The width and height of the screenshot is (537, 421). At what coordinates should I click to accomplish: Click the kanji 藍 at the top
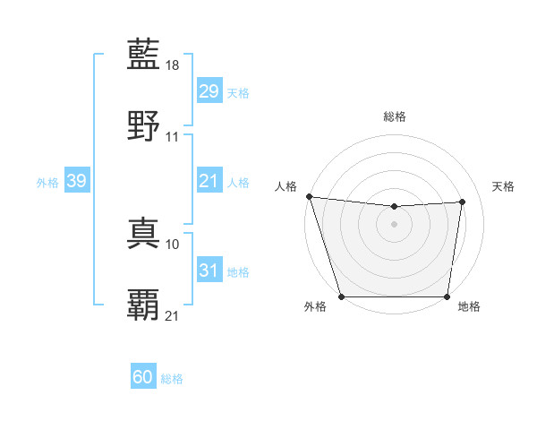(x=144, y=56)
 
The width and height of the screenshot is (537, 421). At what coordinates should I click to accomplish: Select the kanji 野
(x=144, y=125)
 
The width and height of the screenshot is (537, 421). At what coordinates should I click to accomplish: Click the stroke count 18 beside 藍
(x=174, y=65)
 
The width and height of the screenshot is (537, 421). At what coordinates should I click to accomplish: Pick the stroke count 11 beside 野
(x=173, y=136)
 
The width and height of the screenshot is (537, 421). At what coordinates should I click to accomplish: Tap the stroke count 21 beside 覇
(x=173, y=315)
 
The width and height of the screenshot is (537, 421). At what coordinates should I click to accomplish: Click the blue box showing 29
(x=209, y=91)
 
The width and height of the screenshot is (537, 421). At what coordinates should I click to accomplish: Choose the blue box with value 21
(x=209, y=182)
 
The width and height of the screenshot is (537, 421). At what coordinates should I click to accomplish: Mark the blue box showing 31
(x=209, y=271)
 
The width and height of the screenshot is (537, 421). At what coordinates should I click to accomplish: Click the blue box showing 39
(x=76, y=182)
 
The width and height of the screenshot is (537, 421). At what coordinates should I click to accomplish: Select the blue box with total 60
(x=143, y=377)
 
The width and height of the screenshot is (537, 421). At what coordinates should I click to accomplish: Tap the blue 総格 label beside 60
(x=172, y=379)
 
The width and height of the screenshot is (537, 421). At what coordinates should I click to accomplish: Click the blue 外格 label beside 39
(x=47, y=183)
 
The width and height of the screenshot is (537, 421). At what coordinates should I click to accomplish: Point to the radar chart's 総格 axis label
(x=395, y=116)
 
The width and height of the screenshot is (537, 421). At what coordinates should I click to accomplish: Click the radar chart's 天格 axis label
(x=504, y=186)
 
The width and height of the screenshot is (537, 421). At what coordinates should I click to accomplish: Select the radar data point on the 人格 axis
(x=309, y=196)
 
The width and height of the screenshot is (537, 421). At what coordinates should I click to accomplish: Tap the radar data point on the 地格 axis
(x=447, y=296)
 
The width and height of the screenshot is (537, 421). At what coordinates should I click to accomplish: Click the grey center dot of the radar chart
(x=394, y=224)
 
